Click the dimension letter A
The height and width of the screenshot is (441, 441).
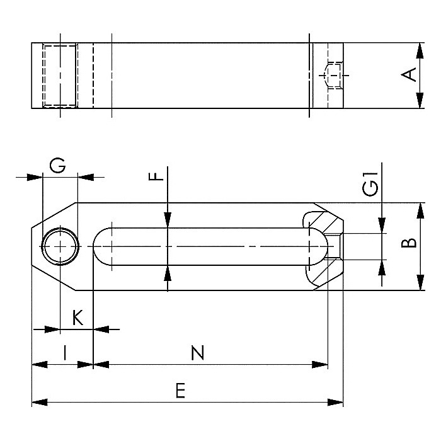tap(409, 74)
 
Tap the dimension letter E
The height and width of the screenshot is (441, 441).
tap(181, 390)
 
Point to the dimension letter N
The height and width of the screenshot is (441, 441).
tap(197, 353)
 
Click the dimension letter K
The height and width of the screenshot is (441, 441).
tap(78, 318)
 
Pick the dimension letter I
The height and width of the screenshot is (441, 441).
tap(65, 353)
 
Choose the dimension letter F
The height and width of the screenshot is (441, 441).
tap(156, 176)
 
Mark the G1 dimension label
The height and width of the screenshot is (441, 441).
tap(370, 184)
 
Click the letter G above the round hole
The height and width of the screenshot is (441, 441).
tap(57, 165)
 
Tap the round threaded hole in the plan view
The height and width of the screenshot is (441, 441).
tap(60, 246)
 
